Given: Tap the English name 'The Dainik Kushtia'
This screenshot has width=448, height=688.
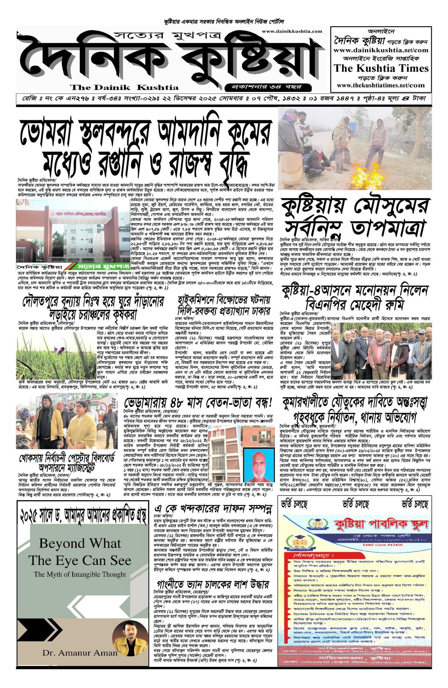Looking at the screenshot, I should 124,88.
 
